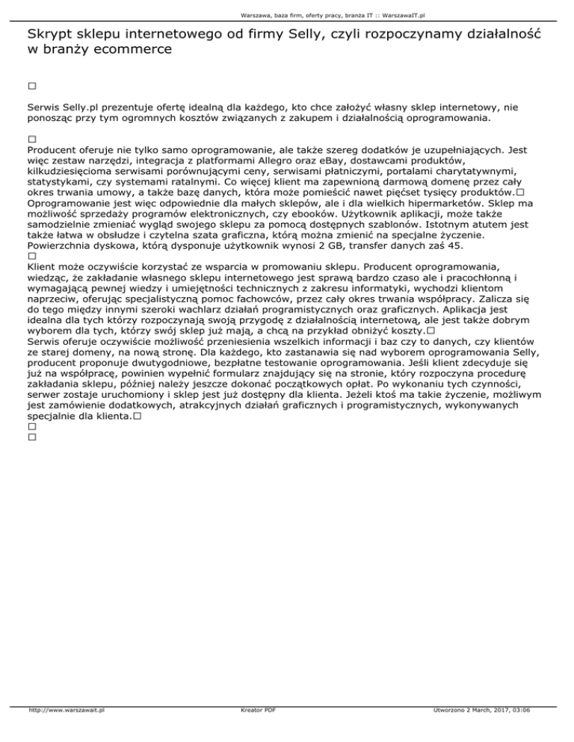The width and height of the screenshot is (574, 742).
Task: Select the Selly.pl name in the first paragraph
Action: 79,107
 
